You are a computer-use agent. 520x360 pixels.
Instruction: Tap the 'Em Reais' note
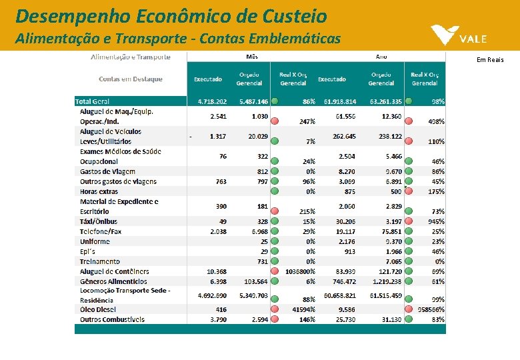[490, 60]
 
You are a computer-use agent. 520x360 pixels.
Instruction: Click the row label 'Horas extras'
[99, 191]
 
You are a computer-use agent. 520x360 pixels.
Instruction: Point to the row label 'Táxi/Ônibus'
[99, 221]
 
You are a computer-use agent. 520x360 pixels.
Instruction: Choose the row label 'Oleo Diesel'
[97, 309]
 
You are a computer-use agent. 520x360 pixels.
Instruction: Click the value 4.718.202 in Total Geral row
[212, 101]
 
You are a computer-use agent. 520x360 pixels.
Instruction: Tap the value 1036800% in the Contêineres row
[300, 272]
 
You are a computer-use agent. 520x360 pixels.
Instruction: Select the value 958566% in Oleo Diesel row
[431, 310]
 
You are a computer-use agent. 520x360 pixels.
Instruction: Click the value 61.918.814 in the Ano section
[340, 101]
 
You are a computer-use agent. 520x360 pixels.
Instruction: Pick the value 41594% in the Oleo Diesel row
[303, 310]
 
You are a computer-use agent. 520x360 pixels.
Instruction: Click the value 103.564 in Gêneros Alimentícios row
[255, 282]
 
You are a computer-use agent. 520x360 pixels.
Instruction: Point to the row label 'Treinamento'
[100, 261]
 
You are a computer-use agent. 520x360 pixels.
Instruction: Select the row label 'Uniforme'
[95, 241]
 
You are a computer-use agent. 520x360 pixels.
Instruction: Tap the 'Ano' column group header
[381, 57]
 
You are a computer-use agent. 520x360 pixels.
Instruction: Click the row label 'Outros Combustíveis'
[112, 319]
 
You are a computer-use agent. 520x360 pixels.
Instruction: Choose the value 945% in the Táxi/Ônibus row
[436, 221]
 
